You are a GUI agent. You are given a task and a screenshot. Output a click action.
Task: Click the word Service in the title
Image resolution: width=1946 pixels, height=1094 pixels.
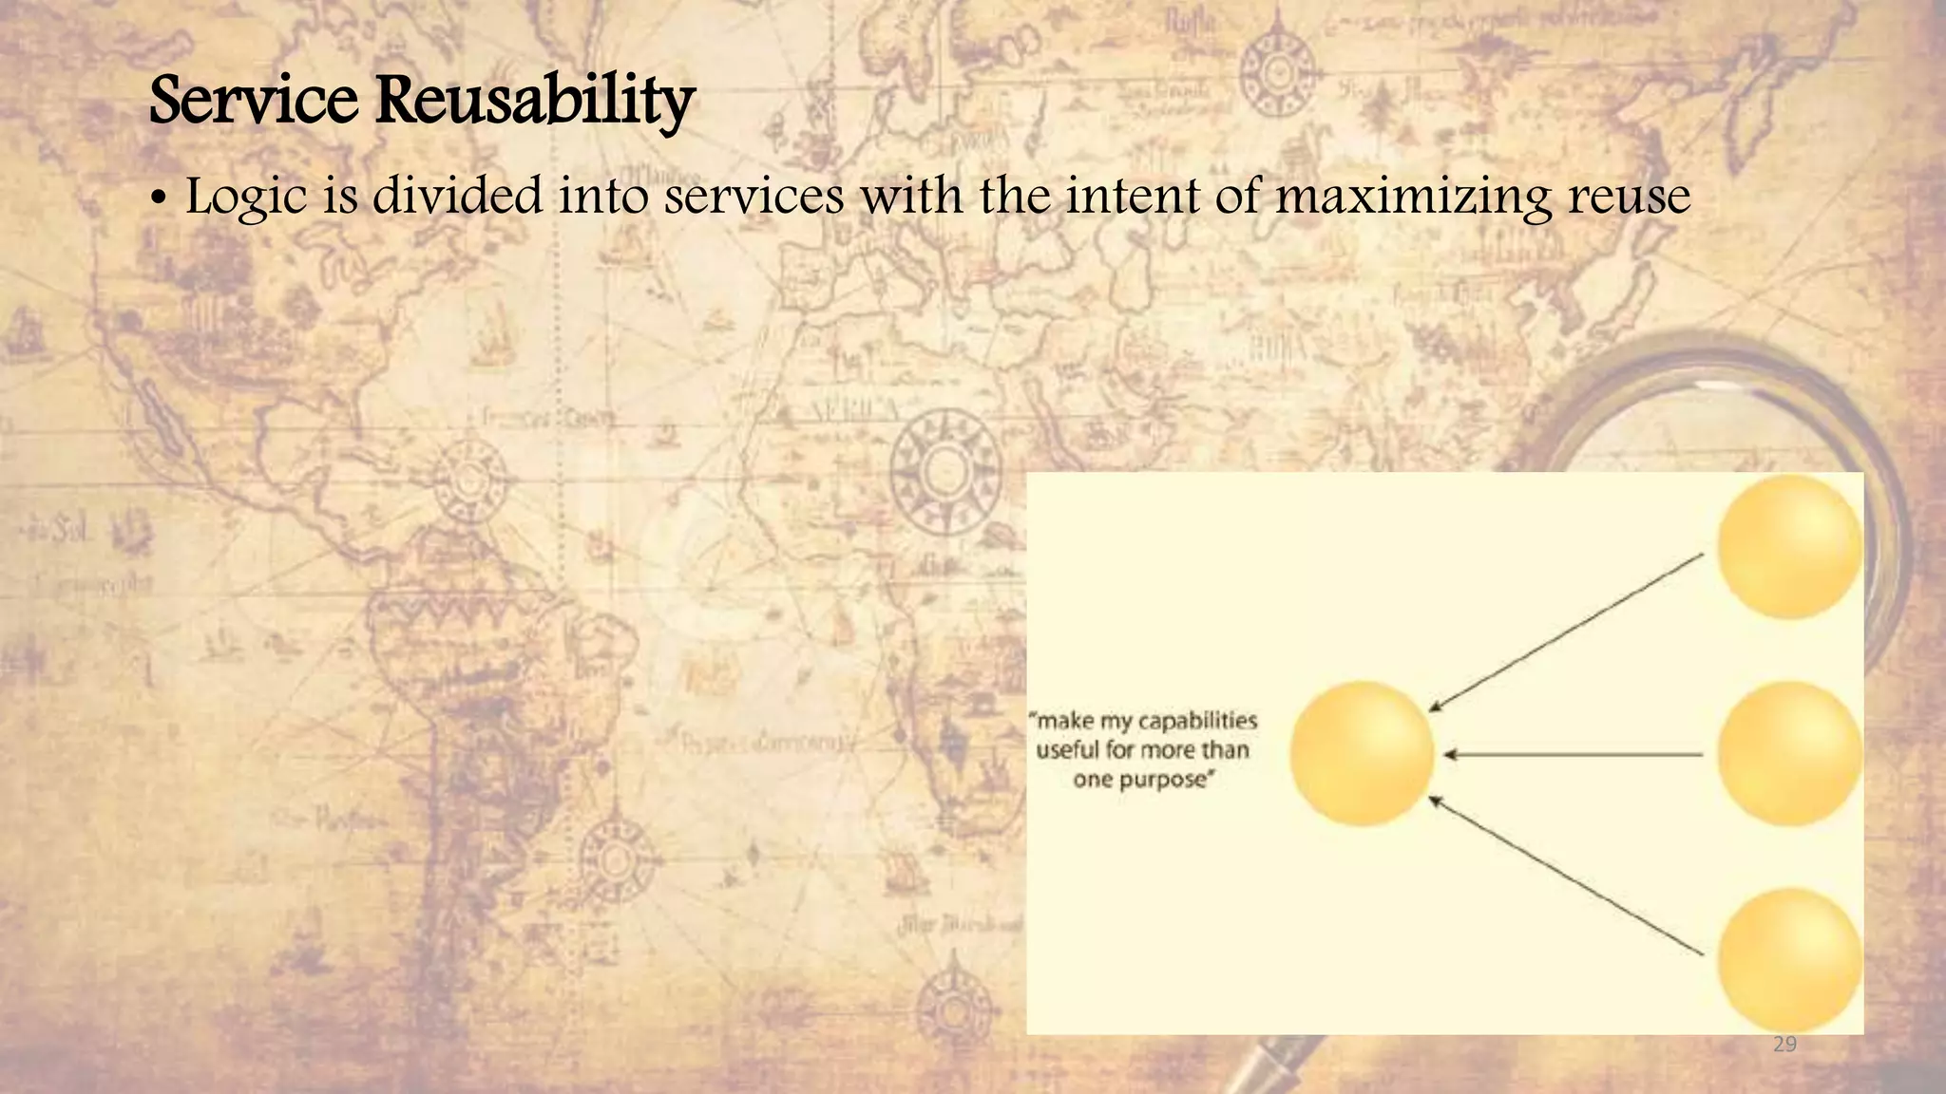tap(254, 100)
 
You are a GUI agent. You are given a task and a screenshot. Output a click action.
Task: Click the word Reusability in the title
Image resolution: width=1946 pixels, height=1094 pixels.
tap(535, 100)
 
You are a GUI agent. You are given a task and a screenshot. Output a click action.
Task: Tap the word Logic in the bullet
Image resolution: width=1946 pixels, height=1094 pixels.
tap(246, 198)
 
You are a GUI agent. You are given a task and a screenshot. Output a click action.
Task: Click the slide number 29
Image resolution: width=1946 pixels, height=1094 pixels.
tap(1784, 1045)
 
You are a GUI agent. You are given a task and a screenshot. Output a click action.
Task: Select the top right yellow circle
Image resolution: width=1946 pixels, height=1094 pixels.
tap(1789, 547)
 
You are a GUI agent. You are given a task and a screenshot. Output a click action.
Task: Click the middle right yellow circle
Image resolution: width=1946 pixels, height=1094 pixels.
tap(1789, 753)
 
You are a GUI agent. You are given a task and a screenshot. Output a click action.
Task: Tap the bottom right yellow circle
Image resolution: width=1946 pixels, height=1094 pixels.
tap(1789, 959)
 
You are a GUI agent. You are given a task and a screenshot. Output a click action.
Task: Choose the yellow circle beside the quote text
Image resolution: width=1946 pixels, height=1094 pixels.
tap(1362, 753)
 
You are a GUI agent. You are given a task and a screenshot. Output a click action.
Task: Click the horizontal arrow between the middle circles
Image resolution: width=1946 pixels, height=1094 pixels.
tap(1573, 755)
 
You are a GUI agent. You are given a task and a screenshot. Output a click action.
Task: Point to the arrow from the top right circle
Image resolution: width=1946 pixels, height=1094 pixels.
tap(1566, 632)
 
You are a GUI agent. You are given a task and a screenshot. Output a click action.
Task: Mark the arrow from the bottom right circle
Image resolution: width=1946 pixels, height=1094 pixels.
tap(1566, 875)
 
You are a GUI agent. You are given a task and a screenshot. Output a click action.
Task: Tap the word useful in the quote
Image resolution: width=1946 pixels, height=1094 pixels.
tap(1067, 750)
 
